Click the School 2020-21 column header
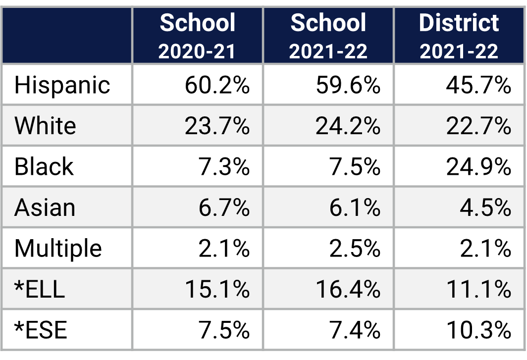click(x=198, y=36)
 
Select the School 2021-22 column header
click(x=328, y=36)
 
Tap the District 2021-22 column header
click(x=459, y=36)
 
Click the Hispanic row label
click(x=62, y=85)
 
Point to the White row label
click(x=45, y=126)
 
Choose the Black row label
click(x=44, y=166)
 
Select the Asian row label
click(x=45, y=207)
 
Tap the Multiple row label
click(x=58, y=248)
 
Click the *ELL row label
click(x=40, y=289)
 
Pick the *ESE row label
click(x=41, y=330)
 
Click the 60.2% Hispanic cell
click(x=217, y=85)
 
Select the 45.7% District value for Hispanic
click(x=478, y=85)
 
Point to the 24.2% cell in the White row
click(x=348, y=126)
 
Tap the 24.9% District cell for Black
click(x=478, y=167)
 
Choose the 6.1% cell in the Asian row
click(x=355, y=207)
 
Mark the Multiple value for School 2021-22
click(x=355, y=248)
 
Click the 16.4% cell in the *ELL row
click(x=348, y=289)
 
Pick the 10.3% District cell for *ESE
click(x=478, y=330)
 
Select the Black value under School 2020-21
click(x=224, y=167)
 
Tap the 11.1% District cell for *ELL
click(x=478, y=289)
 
